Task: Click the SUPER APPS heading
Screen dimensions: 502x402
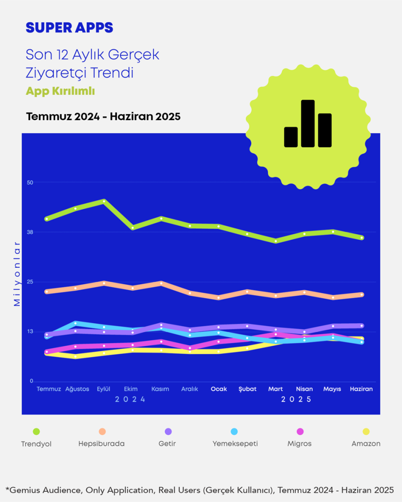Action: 69,28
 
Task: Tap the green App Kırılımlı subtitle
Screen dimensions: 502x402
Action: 60,91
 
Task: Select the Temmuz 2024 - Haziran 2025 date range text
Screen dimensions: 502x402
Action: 103,116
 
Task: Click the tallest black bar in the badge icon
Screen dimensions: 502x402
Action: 308,123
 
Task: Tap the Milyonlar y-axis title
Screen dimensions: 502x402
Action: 17,274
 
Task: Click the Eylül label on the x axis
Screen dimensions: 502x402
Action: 103,389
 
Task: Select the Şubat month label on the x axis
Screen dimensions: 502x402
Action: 248,389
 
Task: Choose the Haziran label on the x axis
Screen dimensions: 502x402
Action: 361,389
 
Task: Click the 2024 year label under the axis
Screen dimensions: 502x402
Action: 130,400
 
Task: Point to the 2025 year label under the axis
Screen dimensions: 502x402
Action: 296,400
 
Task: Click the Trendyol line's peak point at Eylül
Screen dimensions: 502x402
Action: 104,201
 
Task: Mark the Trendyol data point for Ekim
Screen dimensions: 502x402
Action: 132,228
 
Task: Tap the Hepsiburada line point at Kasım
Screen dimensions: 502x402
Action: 161,283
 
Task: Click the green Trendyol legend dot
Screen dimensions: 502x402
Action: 36,431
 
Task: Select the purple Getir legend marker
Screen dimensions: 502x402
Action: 168,431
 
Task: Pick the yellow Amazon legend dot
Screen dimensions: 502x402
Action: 366,431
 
